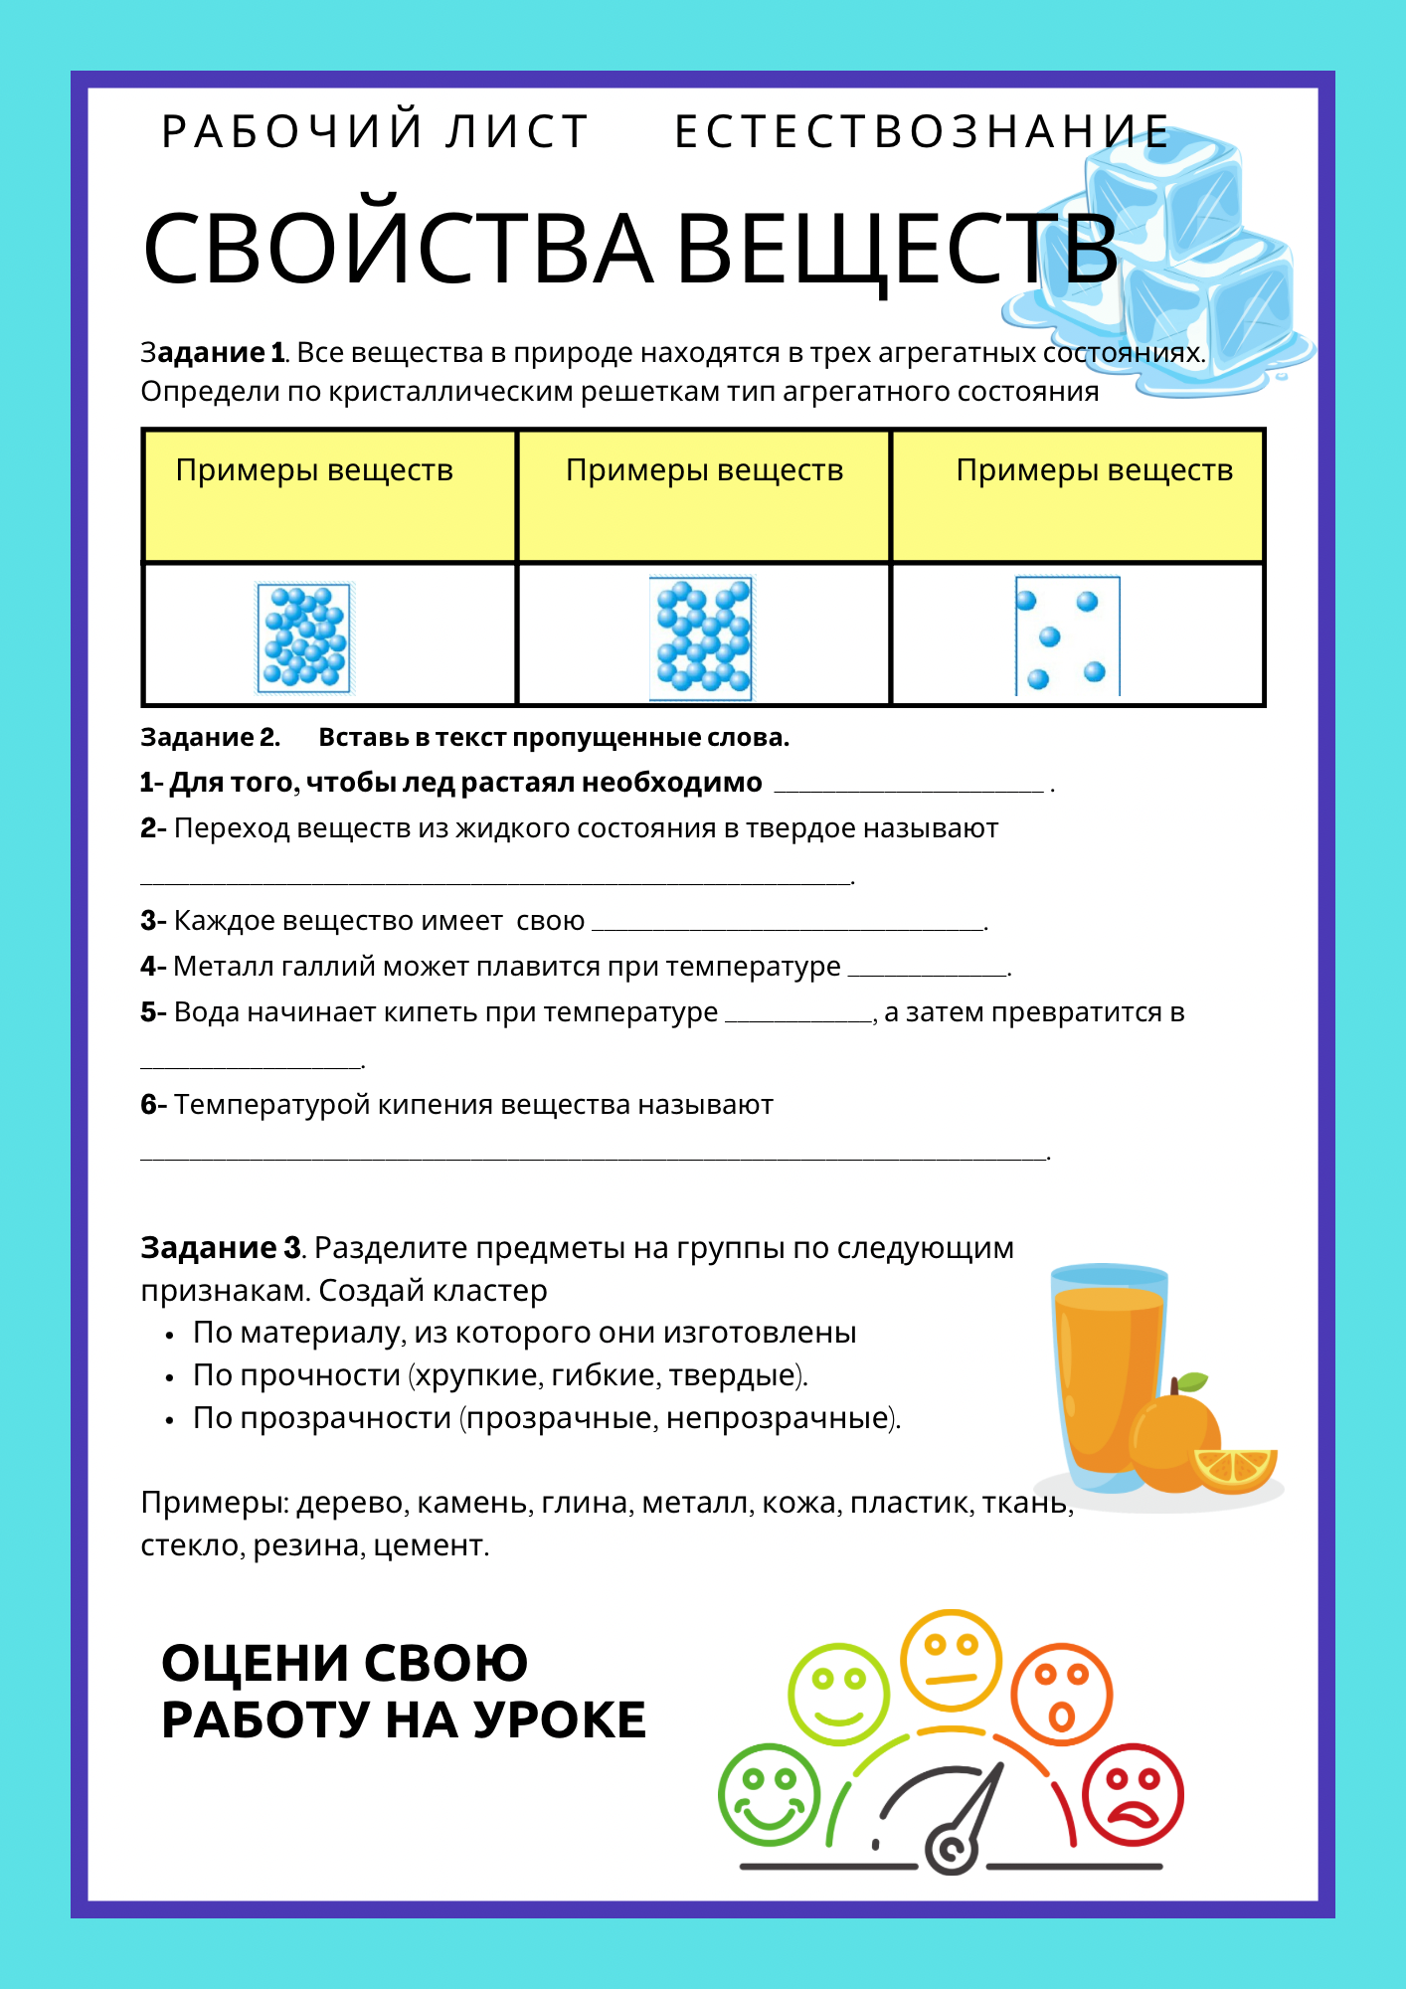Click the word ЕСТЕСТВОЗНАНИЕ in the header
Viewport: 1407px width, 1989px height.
pos(922,132)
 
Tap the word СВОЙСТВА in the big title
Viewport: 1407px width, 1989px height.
pos(398,249)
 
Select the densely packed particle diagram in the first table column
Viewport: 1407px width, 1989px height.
pos(304,637)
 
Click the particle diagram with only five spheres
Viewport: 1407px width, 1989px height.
pos(1067,636)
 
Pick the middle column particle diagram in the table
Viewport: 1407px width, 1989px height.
pos(703,637)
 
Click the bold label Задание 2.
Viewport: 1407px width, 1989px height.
pos(210,738)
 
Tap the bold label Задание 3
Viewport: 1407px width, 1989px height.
pos(221,1247)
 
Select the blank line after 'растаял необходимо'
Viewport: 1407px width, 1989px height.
pos(909,786)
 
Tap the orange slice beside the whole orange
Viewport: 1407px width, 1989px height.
pos(1235,1468)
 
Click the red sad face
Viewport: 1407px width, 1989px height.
pos(1133,1796)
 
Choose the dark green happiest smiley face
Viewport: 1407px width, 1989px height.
pos(769,1796)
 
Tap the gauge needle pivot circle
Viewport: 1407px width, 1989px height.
pos(951,1849)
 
